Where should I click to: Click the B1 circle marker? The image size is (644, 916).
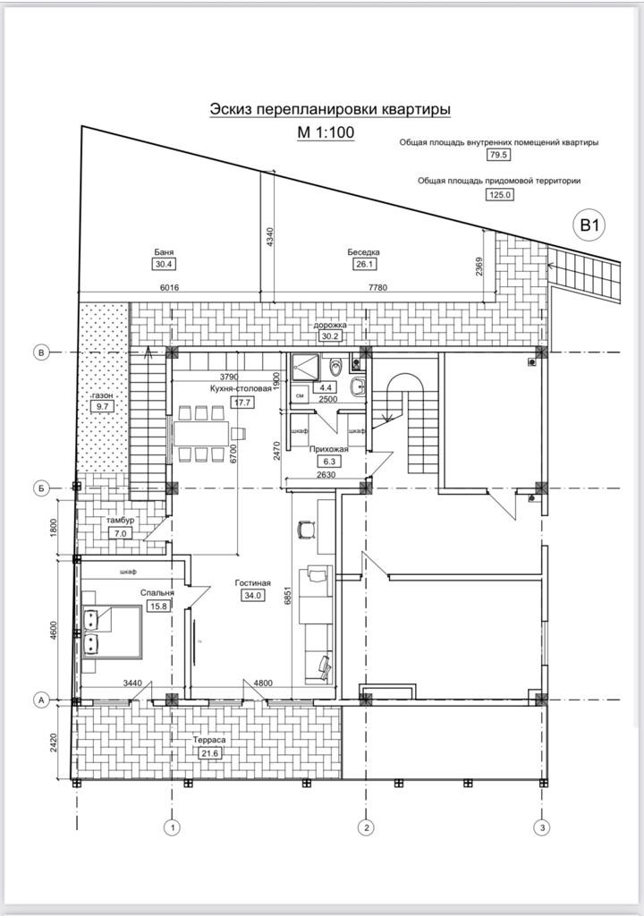click(589, 225)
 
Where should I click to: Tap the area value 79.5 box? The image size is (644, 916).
click(498, 154)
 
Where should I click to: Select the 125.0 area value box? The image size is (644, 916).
click(500, 194)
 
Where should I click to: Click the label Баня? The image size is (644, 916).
click(164, 252)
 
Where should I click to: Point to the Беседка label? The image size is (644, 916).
click(363, 252)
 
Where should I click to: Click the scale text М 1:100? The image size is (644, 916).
click(326, 132)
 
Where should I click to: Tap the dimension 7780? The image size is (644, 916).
click(378, 287)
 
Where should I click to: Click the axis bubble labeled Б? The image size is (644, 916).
click(41, 488)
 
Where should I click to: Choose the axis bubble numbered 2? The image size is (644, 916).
click(366, 827)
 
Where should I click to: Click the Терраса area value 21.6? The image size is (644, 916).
click(209, 753)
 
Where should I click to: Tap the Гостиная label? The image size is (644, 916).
click(252, 582)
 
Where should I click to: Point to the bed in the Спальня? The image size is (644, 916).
click(112, 632)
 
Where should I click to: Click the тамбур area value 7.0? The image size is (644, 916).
click(121, 533)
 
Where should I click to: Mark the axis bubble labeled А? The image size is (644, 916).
click(41, 700)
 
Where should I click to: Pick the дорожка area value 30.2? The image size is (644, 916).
click(330, 336)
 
